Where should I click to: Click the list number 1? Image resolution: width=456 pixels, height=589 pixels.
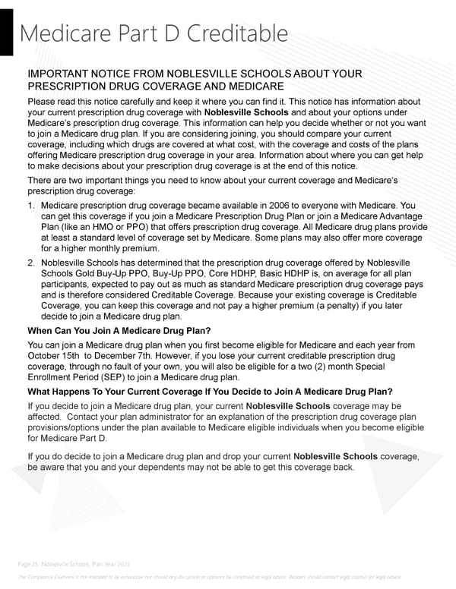click(x=30, y=206)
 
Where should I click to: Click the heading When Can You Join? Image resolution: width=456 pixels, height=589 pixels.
click(x=119, y=331)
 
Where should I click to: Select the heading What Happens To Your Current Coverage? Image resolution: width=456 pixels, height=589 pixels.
click(x=210, y=392)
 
